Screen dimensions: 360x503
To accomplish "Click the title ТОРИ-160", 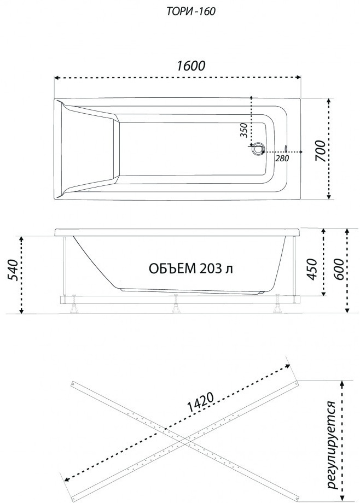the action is [191, 11].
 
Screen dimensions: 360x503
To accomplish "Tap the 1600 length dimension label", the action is [191, 66].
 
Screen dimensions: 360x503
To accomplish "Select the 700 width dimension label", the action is [320, 151].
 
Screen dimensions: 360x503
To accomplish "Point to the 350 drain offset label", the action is [245, 130].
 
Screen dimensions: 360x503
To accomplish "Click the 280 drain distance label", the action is [282, 158].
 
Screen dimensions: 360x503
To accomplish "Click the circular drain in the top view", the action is [258, 149].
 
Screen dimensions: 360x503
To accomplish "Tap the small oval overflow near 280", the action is [286, 149].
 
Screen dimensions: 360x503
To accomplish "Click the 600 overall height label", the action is [339, 269].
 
